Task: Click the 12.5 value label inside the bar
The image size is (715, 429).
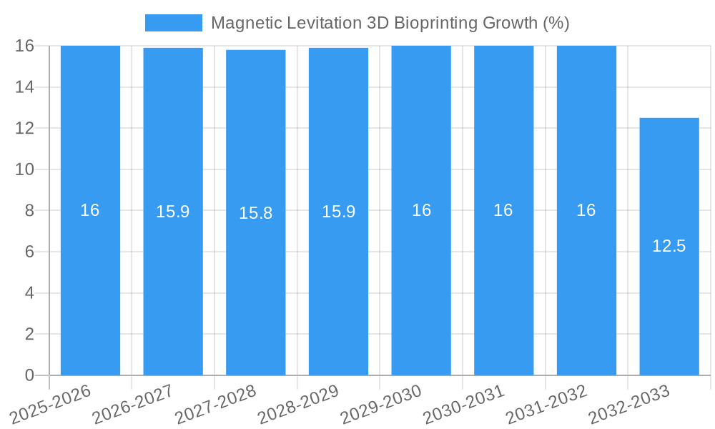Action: click(669, 246)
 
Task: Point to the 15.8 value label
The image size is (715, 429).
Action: click(256, 213)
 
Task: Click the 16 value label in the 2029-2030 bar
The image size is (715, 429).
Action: click(421, 210)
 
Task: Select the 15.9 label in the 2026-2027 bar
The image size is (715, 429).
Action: click(173, 212)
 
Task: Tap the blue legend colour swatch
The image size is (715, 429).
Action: click(174, 23)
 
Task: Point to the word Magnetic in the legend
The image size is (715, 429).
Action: click(242, 23)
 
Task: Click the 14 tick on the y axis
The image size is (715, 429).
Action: click(24, 87)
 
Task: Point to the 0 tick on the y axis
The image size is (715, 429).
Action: click(29, 375)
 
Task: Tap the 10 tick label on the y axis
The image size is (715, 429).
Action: click(24, 169)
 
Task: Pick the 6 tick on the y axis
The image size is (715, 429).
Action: click(29, 252)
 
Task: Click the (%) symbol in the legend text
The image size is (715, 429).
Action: click(556, 23)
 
